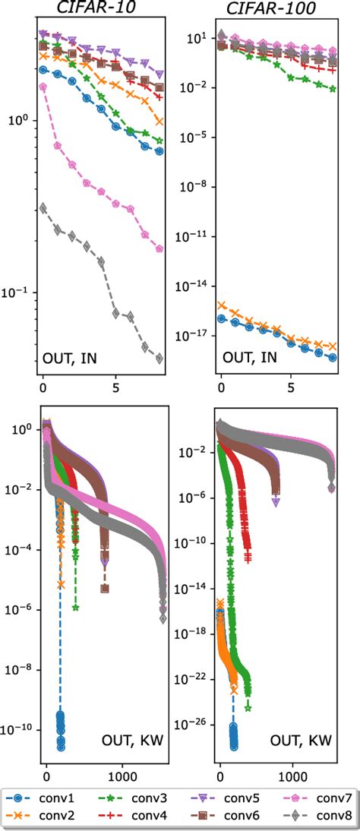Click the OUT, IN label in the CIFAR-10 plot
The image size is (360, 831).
click(74, 357)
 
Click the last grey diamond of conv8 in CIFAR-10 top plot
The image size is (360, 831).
click(159, 359)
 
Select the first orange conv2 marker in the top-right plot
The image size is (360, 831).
click(221, 305)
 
